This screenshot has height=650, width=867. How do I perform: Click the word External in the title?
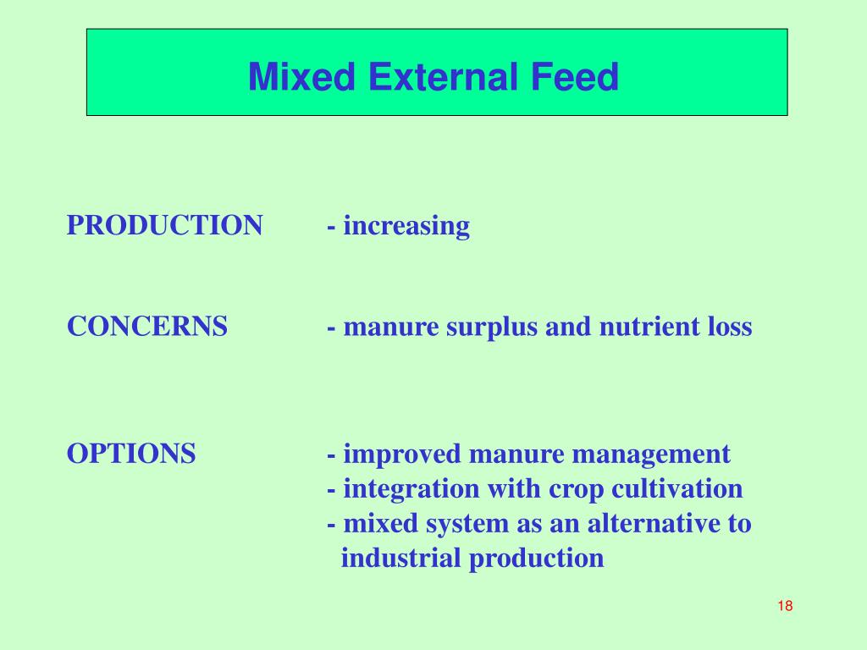[443, 78]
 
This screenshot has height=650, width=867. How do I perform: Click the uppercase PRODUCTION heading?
[165, 226]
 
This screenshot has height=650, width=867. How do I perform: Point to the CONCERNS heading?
[147, 327]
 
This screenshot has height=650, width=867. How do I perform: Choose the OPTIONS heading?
[131, 454]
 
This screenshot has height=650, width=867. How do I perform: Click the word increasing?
[406, 226]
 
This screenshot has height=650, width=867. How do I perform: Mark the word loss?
[729, 327]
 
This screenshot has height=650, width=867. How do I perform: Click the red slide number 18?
[784, 605]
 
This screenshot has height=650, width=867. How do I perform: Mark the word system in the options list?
[470, 525]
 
